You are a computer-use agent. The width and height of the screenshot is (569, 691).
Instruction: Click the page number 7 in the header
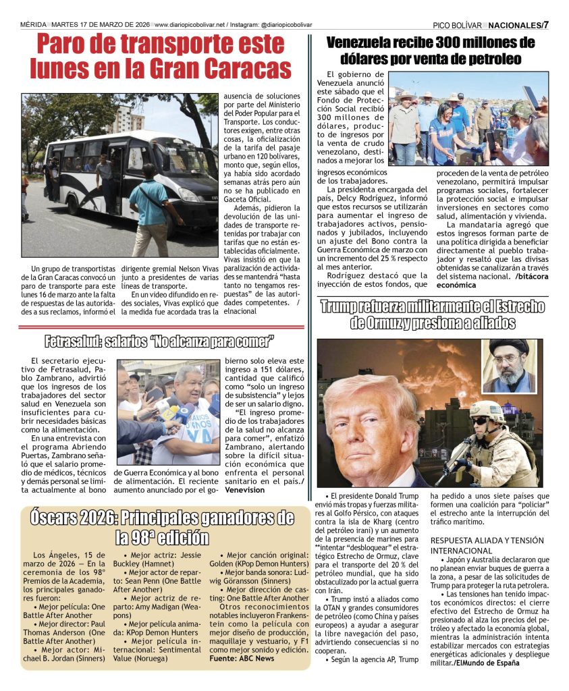pos(545,25)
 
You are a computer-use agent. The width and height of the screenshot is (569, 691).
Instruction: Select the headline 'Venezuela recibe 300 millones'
pos(431,43)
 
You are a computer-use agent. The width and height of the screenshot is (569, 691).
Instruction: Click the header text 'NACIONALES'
pos(514,25)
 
